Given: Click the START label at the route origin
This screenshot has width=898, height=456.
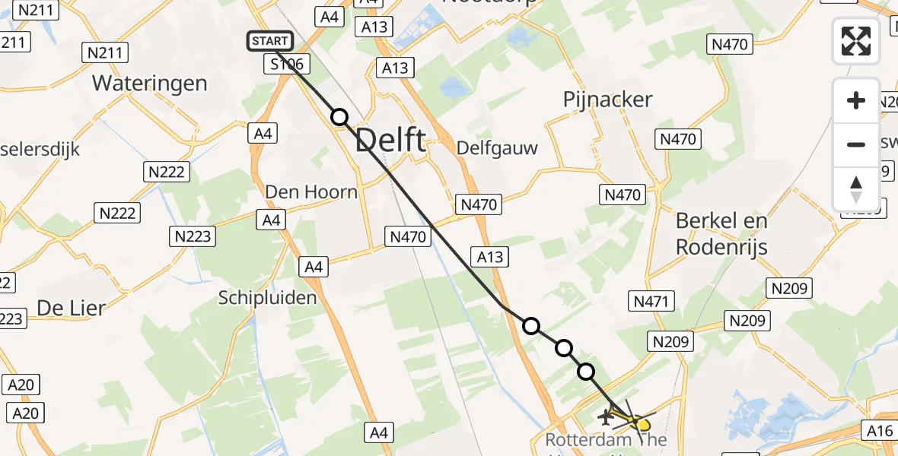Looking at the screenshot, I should coord(269,41).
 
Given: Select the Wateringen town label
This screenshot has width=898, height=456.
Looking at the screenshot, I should coord(150,83).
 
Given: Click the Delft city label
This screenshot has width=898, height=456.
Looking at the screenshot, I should coord(390,141).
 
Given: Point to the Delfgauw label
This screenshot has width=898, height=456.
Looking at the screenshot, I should coord(497,147).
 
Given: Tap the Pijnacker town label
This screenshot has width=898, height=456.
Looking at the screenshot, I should coord(608,100).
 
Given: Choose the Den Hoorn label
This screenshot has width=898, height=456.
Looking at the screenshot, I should coord(310,192).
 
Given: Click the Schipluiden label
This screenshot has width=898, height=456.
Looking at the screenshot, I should coord(267,297).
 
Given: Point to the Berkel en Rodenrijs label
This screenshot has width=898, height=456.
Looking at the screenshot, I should coord(722,233).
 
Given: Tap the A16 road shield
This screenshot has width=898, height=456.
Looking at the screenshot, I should coord(879,431).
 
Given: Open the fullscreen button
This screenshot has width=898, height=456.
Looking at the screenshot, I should coord(856,41).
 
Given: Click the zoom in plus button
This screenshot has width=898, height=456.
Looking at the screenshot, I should coord(856,100).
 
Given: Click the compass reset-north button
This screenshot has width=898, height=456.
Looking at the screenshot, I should coord(856,189).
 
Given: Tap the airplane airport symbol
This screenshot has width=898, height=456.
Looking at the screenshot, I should coord(607,416).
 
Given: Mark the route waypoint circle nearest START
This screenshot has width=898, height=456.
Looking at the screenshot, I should coord(339,117).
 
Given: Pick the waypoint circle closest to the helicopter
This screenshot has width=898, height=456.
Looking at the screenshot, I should coord(586,372).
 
